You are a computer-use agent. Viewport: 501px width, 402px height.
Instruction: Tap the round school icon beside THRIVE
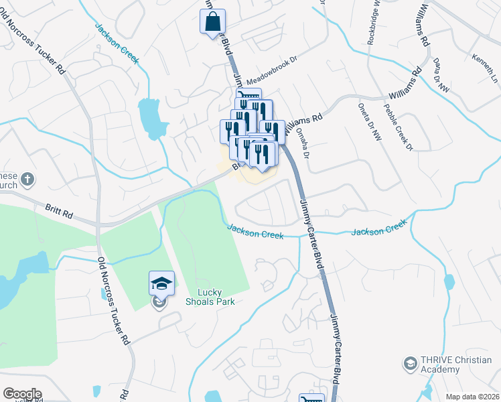pos(409,364)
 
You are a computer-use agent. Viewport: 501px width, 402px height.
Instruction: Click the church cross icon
pos(26,179)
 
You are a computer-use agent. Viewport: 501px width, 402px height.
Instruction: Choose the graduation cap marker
pos(161,284)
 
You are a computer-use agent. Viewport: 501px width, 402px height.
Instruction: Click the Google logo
pos(22,394)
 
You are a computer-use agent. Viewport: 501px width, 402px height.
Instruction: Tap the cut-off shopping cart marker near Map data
pos(311,398)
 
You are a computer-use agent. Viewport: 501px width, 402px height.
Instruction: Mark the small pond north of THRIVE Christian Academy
pos(448,281)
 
